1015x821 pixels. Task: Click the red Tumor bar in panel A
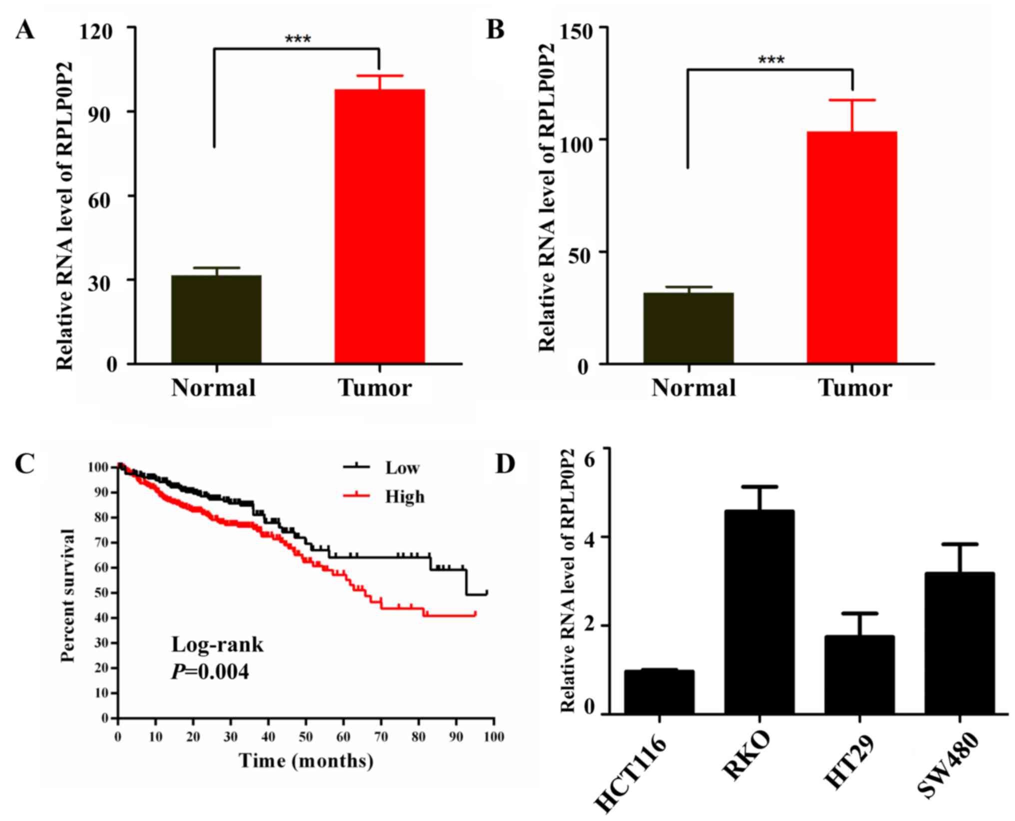point(379,226)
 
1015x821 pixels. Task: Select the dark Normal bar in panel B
point(688,328)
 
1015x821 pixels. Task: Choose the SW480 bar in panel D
point(960,643)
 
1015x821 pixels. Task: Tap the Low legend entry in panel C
point(402,468)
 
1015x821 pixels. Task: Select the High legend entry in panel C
point(404,496)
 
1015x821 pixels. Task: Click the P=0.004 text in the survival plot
point(210,671)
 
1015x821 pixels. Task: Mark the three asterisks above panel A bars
point(297,39)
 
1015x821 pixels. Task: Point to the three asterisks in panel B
point(771,60)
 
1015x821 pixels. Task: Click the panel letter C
point(25,464)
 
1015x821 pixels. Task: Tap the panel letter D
point(505,464)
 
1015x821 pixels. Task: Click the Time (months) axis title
point(306,760)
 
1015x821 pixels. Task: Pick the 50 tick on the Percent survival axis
point(101,593)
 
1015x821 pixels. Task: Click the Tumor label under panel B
point(855,388)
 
